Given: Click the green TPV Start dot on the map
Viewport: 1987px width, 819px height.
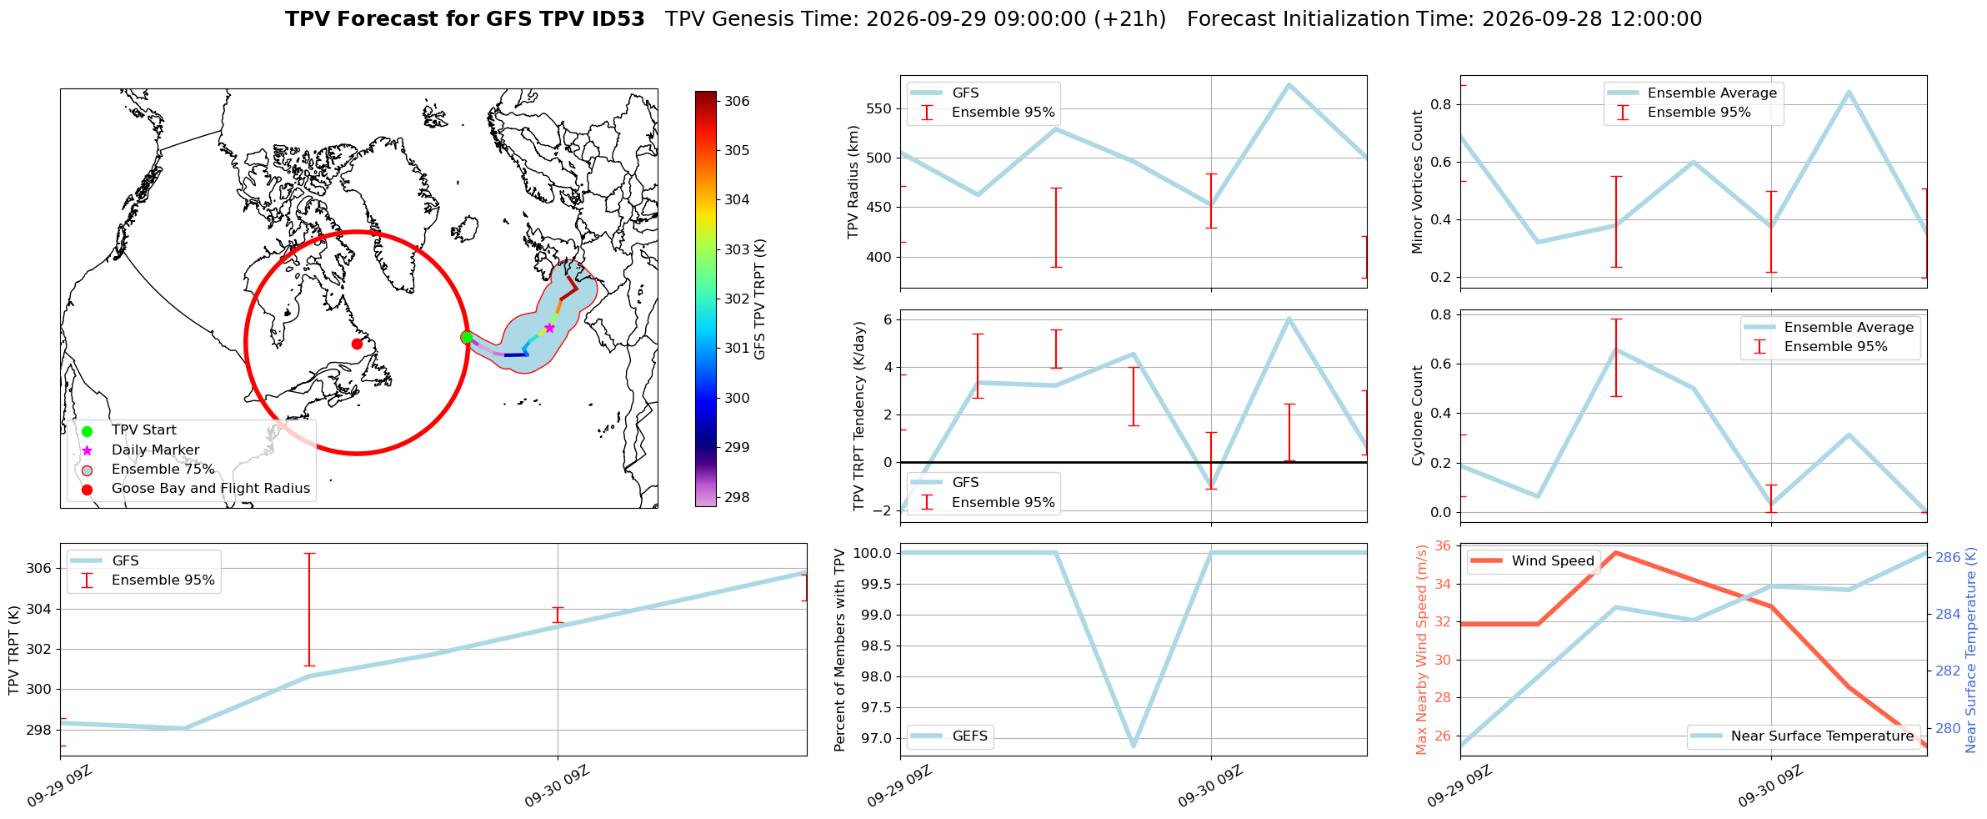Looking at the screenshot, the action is [x=467, y=337].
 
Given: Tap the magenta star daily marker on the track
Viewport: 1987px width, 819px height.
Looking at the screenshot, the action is [x=549, y=328].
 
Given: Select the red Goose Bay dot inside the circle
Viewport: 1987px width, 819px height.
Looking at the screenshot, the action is [x=357, y=344].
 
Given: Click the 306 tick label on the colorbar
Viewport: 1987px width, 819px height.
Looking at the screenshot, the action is [x=737, y=101].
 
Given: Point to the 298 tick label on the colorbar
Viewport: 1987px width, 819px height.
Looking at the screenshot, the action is [x=737, y=497].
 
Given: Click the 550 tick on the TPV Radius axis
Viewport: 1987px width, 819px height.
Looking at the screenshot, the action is [x=881, y=108].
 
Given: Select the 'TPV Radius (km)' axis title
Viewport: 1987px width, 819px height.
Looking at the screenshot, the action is [x=853, y=182].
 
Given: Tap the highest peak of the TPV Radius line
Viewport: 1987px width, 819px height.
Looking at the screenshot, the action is [x=1289, y=84].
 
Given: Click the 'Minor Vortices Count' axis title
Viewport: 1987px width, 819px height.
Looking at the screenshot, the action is [x=1418, y=182].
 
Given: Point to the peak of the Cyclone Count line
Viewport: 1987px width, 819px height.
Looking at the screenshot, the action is [x=1616, y=349].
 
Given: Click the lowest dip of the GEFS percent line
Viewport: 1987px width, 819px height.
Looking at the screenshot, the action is [x=1134, y=746].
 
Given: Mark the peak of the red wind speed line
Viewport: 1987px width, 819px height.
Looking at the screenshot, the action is [x=1616, y=552].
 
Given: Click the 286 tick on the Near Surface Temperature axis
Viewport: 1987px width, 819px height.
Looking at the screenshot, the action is [x=1945, y=557].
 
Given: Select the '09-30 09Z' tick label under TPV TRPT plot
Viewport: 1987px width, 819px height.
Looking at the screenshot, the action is [x=557, y=786].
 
